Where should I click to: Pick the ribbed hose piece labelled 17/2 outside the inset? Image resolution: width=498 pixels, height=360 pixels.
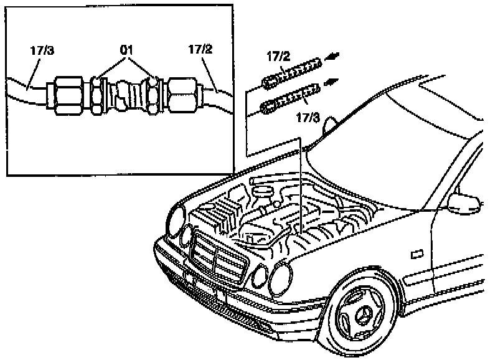(292, 72)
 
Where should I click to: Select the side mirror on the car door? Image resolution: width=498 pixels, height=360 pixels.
(466, 201)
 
